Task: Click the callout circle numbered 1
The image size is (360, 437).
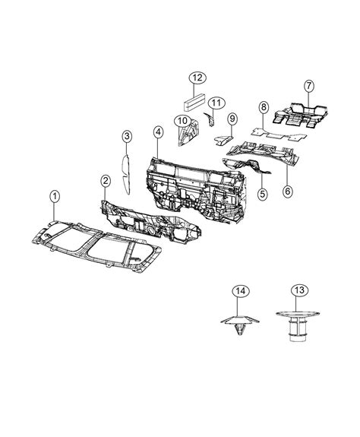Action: pos(54,197)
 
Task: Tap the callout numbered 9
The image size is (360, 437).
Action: pos(233,119)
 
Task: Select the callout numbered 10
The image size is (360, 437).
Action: pos(183,120)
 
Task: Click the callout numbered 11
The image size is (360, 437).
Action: pos(216,102)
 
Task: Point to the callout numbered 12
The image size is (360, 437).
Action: pos(196,78)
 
